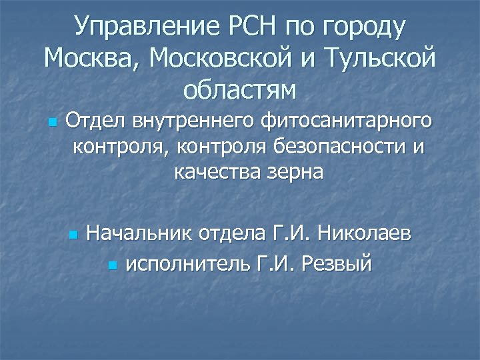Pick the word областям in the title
pos(239,89)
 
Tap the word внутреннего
pos(193,122)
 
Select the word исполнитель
pos(187,265)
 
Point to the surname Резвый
pos(337,265)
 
